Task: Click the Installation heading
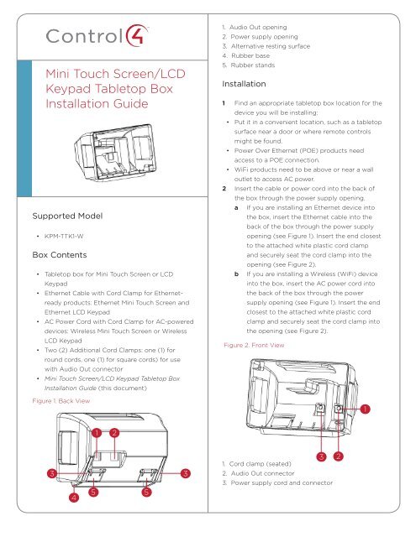(245, 85)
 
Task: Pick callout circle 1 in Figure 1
(98, 433)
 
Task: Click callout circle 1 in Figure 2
(366, 409)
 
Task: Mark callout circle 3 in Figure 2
(320, 456)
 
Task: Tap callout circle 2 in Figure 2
(338, 456)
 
